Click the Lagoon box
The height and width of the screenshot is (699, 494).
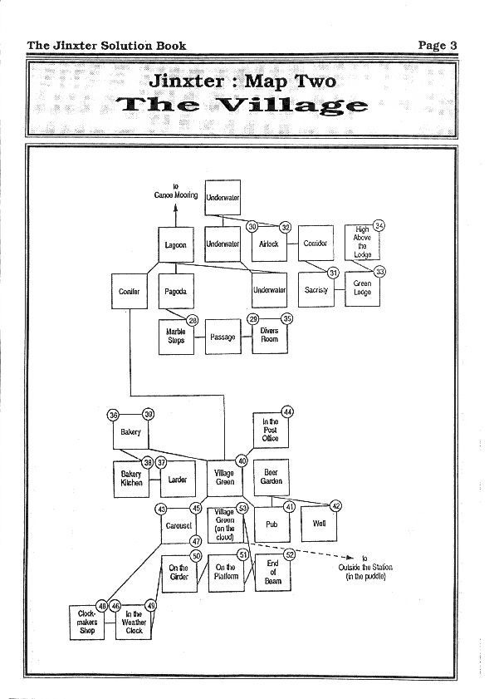[176, 244]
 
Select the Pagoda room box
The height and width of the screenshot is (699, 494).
[176, 291]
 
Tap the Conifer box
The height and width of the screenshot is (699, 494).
[130, 291]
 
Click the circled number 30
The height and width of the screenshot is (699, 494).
[252, 226]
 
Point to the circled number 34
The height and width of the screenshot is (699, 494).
[379, 225]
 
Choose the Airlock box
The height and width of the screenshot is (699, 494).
[269, 244]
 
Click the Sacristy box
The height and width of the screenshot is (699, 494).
[315, 289]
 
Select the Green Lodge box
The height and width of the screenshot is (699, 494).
[362, 288]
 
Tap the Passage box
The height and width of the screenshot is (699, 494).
[223, 337]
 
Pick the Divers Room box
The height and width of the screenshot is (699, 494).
[270, 336]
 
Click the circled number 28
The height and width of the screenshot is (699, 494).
[193, 321]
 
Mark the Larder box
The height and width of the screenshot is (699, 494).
[178, 480]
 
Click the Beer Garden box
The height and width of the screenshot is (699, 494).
[271, 477]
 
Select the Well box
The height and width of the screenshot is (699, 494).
[319, 524]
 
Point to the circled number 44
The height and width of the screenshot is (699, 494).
[287, 412]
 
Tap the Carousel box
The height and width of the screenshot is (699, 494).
[179, 525]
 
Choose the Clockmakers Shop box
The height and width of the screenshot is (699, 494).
[87, 623]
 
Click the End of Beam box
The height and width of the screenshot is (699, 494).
[272, 573]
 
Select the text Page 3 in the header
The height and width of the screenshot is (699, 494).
[438, 46]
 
